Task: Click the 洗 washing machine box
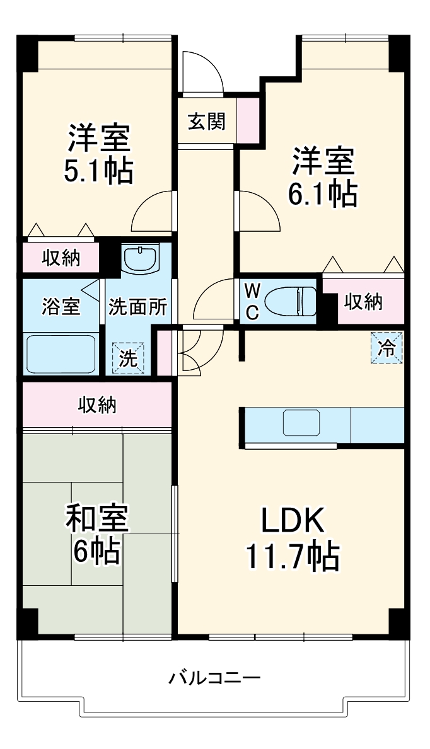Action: pyautogui.click(x=128, y=358)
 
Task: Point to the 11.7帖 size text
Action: pyautogui.click(x=292, y=555)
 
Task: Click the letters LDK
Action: pyautogui.click(x=293, y=522)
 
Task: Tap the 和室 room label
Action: pyautogui.click(x=98, y=519)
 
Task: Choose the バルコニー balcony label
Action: pyautogui.click(x=214, y=678)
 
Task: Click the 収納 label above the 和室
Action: pyautogui.click(x=97, y=406)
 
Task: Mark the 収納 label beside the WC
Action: pyautogui.click(x=363, y=302)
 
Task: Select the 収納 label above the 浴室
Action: pyautogui.click(x=61, y=257)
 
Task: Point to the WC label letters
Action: pyautogui.click(x=252, y=301)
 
